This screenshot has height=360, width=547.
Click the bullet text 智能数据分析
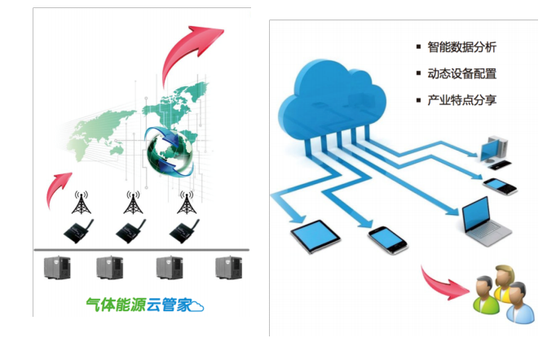coord(461,47)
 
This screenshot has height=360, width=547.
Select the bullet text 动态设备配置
coord(461,73)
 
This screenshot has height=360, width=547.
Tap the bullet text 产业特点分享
coord(461,100)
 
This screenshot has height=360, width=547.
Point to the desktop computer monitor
coord(493,147)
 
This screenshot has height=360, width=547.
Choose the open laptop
coord(487,222)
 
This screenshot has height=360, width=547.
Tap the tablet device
coord(315,237)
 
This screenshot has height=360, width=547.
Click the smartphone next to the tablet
coord(387,239)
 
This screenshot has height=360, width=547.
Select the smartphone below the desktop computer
coord(500,185)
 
